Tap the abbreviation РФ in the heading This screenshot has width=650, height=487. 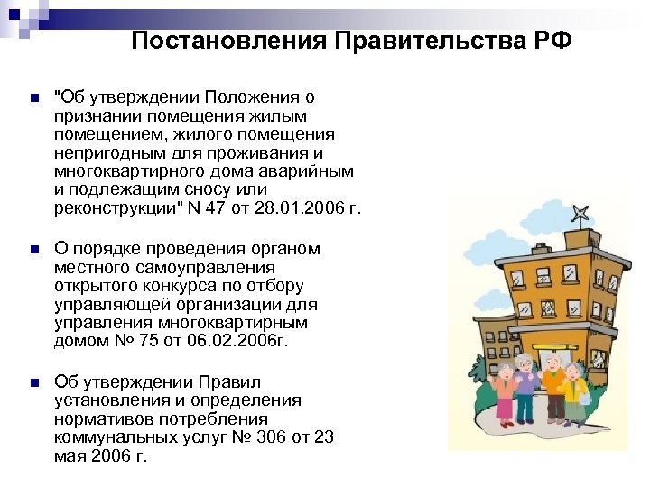point(552,42)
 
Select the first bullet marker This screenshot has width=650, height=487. point(32,98)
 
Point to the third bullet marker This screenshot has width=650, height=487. point(32,383)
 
